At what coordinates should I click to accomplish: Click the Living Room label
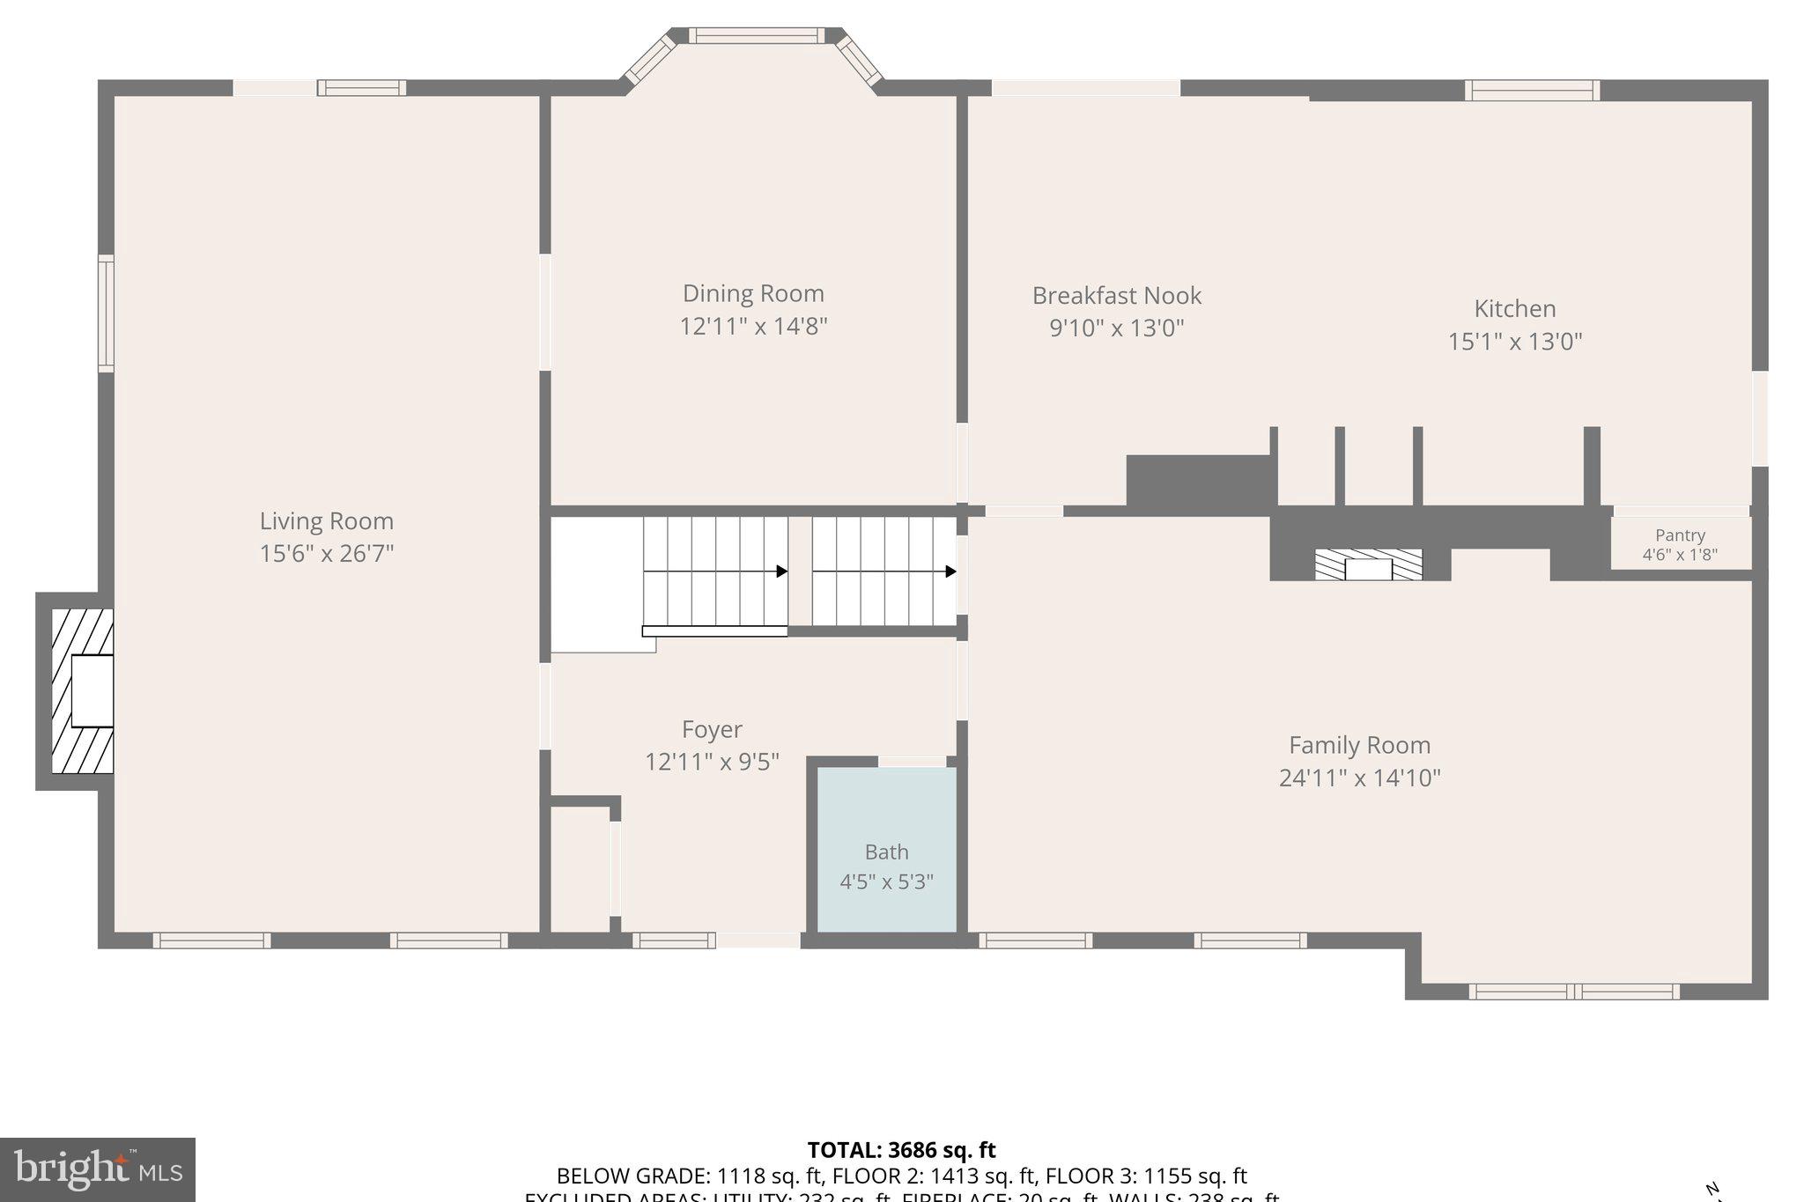click(x=326, y=520)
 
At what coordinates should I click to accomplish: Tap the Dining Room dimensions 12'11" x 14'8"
click(x=753, y=327)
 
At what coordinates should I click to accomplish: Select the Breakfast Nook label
click(x=1116, y=295)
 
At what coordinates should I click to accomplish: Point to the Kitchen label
click(x=1514, y=308)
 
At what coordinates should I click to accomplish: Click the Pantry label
click(x=1680, y=535)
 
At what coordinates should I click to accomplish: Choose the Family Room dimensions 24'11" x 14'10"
click(x=1359, y=778)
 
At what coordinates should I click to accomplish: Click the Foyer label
click(x=712, y=729)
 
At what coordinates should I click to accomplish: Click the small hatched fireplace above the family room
click(x=1368, y=564)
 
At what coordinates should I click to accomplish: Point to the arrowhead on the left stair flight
click(x=781, y=572)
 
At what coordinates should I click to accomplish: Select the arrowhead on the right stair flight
click(x=950, y=572)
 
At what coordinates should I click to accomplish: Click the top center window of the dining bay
click(x=756, y=35)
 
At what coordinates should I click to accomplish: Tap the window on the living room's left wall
click(x=106, y=313)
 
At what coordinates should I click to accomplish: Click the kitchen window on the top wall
click(x=1532, y=90)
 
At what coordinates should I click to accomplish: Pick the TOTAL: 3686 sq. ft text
click(x=901, y=1150)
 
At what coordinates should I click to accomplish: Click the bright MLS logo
click(x=98, y=1169)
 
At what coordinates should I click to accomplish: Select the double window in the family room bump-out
click(x=1573, y=992)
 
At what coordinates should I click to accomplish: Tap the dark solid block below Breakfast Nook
click(x=1200, y=482)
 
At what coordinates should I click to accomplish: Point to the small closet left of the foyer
click(x=580, y=867)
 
